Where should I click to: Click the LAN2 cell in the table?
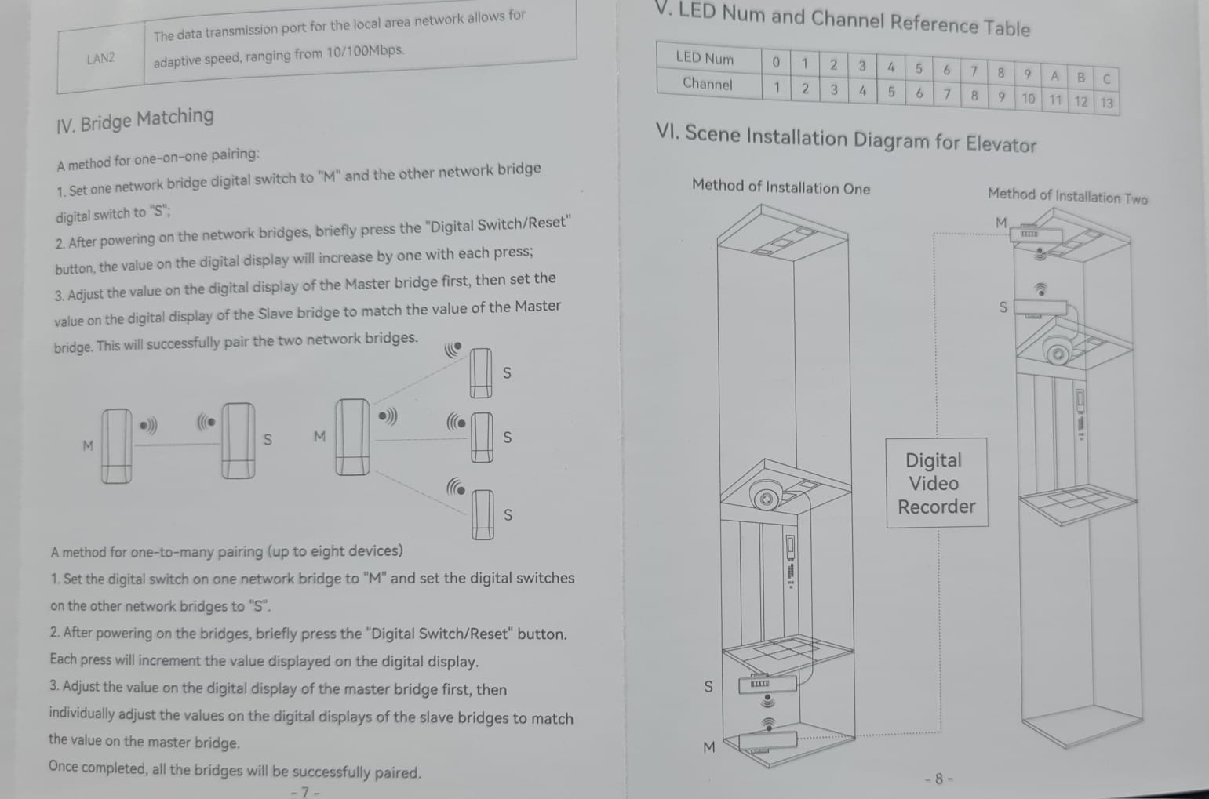[101, 58]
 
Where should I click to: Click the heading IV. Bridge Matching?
[135, 120]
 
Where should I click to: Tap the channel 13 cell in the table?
[1106, 103]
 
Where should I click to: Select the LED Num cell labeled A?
[1054, 77]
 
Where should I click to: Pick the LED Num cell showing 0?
[776, 63]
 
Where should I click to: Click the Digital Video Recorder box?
[937, 483]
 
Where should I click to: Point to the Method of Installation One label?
[781, 187]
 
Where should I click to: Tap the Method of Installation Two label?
[1068, 196]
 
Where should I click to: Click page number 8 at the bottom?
[938, 779]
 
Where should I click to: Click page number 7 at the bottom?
[305, 791]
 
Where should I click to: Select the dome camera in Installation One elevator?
[765, 495]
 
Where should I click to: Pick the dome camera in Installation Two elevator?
[1058, 350]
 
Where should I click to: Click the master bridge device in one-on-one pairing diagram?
[117, 446]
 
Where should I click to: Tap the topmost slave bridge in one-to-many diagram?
[480, 372]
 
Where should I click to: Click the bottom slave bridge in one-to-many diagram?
[483, 514]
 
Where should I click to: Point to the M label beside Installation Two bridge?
[1001, 222]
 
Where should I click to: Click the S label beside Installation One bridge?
[708, 687]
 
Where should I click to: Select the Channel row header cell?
[708, 84]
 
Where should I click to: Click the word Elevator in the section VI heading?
[1000, 144]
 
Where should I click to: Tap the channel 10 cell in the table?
[1028, 99]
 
